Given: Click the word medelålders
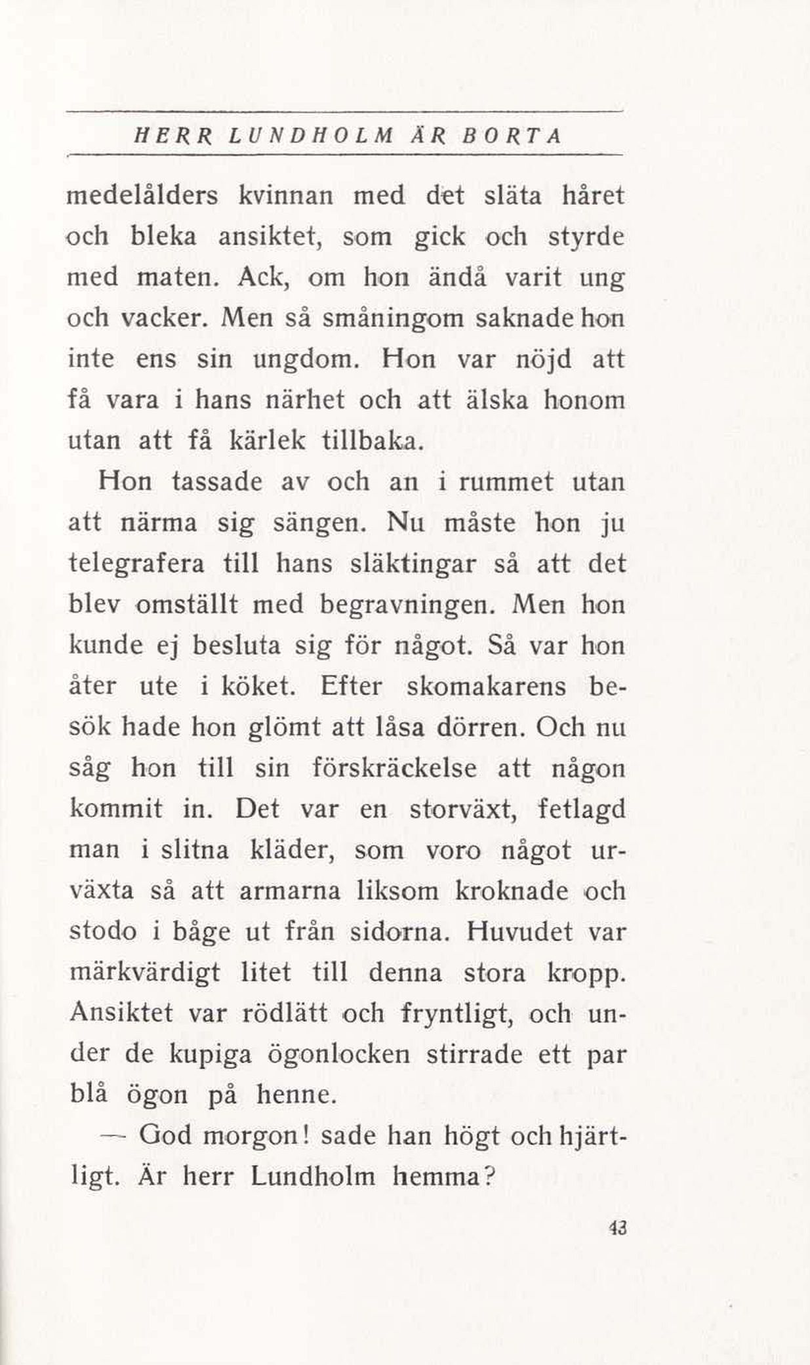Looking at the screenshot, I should (143, 196).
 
